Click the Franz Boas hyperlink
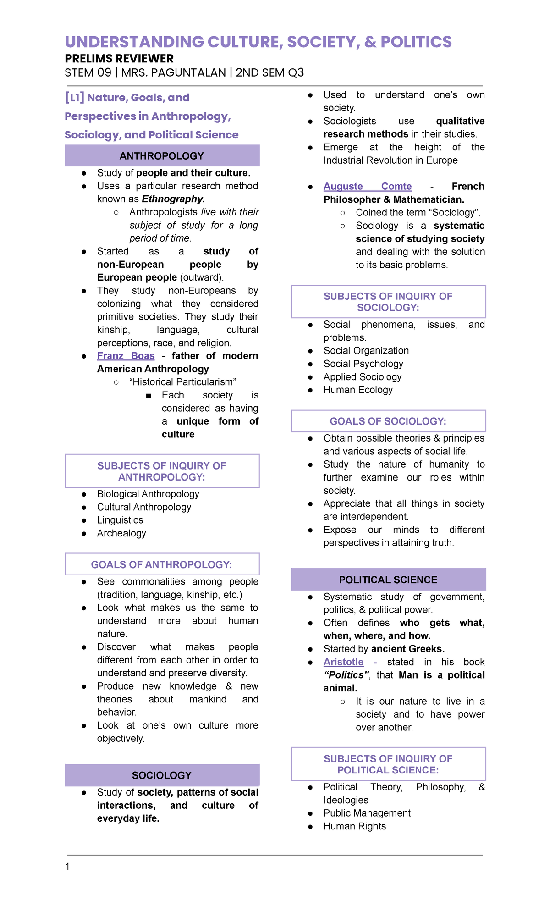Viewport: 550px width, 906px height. [126, 356]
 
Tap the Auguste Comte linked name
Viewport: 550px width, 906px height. [367, 186]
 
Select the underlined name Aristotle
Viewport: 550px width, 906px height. [343, 662]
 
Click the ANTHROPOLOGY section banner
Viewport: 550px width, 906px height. [162, 156]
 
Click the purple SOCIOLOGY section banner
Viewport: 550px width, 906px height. [162, 775]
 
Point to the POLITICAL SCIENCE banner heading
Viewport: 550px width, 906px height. [388, 580]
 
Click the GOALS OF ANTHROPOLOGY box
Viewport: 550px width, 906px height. [162, 564]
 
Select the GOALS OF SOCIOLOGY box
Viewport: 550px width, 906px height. [388, 421]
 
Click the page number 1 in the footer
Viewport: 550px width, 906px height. [68, 867]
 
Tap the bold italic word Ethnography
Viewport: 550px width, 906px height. [173, 199]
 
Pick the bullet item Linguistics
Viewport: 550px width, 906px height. [120, 520]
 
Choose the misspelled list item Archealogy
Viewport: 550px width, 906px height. [121, 533]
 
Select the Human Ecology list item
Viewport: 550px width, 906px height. [358, 390]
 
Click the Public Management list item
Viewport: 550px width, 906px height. [367, 813]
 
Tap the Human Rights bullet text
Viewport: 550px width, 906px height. [355, 826]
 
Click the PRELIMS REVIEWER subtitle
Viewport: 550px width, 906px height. [119, 59]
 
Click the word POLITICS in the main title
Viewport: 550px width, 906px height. [416, 42]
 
